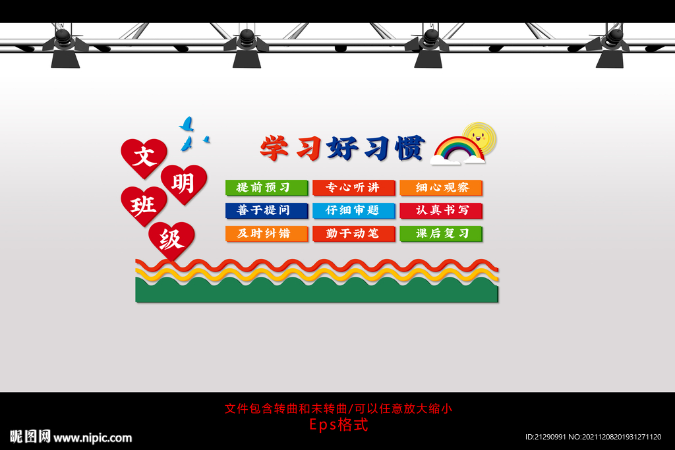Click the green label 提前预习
[266, 188]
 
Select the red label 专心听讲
[354, 188]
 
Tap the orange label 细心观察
[441, 188]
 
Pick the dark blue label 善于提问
[266, 211]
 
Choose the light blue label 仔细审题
[354, 211]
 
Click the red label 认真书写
[441, 211]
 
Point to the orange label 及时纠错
[266, 233]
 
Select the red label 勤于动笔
[354, 233]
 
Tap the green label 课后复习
[441, 233]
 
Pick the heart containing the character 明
[184, 182]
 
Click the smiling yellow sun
[479, 138]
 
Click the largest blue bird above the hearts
[187, 124]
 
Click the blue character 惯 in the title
[409, 148]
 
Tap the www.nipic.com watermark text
[92, 437]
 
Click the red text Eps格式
[338, 425]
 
